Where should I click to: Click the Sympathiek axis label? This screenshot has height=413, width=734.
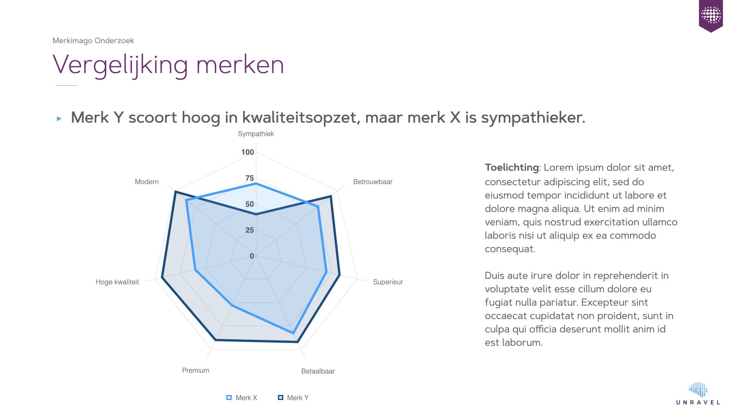(x=256, y=134)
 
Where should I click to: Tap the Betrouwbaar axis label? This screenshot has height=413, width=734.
(x=373, y=182)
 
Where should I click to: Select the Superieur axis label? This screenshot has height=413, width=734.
(x=388, y=282)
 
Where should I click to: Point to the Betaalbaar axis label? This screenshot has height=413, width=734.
(x=318, y=371)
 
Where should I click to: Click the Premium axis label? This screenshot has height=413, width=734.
(x=196, y=370)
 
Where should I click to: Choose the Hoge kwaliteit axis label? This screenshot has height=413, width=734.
(x=117, y=282)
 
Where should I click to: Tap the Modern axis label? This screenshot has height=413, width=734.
(x=147, y=182)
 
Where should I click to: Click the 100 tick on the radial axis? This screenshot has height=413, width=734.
(x=247, y=152)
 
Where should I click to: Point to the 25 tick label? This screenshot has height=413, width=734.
(x=250, y=230)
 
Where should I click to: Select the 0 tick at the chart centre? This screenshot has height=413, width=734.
(x=252, y=256)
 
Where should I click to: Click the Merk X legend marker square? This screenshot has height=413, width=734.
(x=229, y=398)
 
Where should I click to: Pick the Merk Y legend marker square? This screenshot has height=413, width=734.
(x=281, y=398)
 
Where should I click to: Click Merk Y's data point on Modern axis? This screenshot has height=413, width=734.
(x=175, y=192)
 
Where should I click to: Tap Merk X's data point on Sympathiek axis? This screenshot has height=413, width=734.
(x=256, y=184)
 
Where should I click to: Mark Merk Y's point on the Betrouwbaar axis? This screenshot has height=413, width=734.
(x=331, y=196)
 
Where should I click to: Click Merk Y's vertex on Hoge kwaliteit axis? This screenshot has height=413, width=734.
(x=162, y=277)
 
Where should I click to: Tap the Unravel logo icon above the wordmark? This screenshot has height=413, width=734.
(x=698, y=390)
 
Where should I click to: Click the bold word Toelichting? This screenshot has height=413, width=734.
(x=512, y=167)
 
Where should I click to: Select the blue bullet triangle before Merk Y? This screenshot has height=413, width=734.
(x=59, y=119)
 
